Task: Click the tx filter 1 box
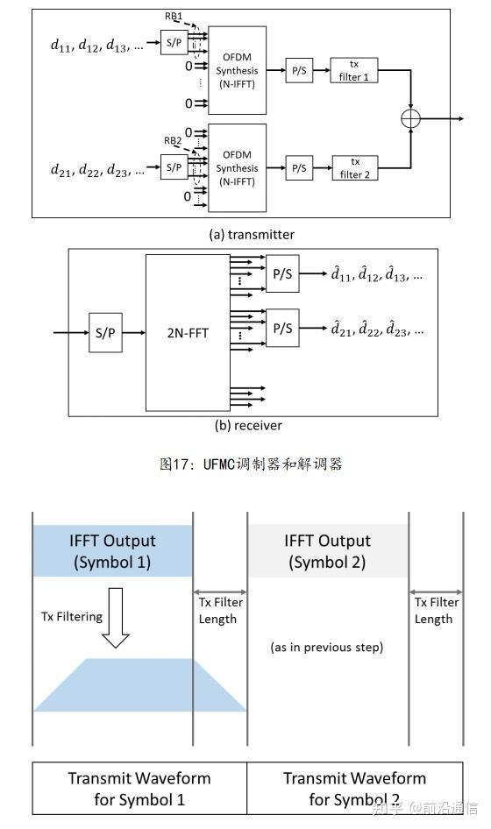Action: pyautogui.click(x=354, y=70)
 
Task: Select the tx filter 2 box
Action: pyautogui.click(x=354, y=167)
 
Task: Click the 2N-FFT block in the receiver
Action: pyautogui.click(x=188, y=333)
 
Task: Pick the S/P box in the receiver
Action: pyautogui.click(x=104, y=333)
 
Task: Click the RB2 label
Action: pyautogui.click(x=172, y=140)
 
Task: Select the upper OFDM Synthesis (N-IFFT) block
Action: pyautogui.click(x=237, y=70)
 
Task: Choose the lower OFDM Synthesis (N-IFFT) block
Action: pyautogui.click(x=237, y=167)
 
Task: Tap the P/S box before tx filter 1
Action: pyautogui.click(x=299, y=70)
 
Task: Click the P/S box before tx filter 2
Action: pyautogui.click(x=299, y=167)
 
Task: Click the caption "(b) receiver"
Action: pyautogui.click(x=248, y=426)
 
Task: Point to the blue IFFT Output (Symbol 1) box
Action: pyautogui.click(x=112, y=551)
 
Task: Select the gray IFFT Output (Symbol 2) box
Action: pyautogui.click(x=327, y=551)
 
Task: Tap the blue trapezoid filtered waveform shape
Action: pyautogui.click(x=140, y=684)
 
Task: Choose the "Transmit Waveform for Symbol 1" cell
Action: pyautogui.click(x=139, y=788)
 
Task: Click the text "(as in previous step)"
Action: pyautogui.click(x=328, y=648)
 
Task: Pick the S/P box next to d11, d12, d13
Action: pyautogui.click(x=173, y=41)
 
